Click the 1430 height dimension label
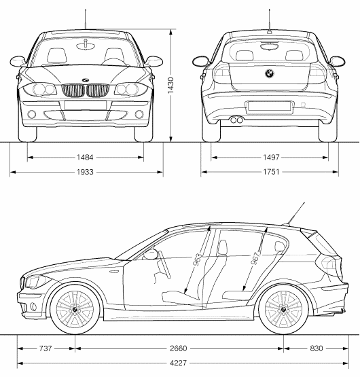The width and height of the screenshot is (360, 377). (x=170, y=86)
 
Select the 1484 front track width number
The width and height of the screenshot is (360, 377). (x=85, y=158)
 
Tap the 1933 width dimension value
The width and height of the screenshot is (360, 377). (x=85, y=172)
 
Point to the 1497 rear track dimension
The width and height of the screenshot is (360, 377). (x=271, y=158)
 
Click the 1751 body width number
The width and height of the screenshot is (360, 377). (x=271, y=172)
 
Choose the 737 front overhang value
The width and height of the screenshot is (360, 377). (x=46, y=348)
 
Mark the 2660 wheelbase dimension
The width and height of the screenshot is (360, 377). (x=178, y=348)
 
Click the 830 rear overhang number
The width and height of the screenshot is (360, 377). (x=317, y=348)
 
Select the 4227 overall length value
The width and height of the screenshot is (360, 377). (x=178, y=363)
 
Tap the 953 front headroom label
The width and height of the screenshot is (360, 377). (x=198, y=260)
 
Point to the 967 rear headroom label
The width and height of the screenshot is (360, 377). (x=255, y=257)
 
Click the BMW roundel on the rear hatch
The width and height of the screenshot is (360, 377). (x=270, y=73)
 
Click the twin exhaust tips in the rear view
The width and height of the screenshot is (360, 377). (x=237, y=120)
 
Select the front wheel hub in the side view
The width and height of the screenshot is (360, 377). (x=75, y=309)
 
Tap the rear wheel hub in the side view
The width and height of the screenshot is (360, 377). (x=283, y=310)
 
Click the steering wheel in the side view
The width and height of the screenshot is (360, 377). (x=164, y=264)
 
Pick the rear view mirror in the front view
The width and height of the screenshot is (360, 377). (x=86, y=45)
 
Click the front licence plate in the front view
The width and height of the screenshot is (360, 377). (x=86, y=105)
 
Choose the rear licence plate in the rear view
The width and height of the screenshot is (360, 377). (x=269, y=106)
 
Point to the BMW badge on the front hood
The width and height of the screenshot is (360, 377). (x=86, y=80)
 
